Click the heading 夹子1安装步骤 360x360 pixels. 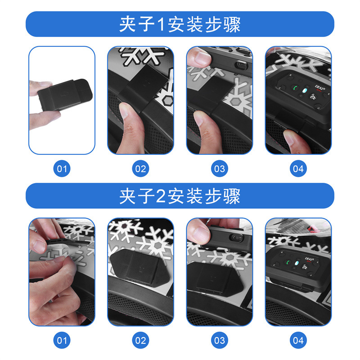(x=180, y=24)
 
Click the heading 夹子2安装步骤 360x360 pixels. (x=180, y=196)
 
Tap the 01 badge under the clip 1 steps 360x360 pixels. (x=62, y=169)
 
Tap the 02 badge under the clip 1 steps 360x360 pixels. (x=140, y=169)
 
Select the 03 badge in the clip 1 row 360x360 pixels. (x=219, y=169)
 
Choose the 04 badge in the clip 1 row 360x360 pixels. (x=298, y=169)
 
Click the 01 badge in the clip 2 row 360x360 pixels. (x=62, y=340)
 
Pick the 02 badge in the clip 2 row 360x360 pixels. (x=140, y=340)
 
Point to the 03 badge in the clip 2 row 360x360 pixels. (x=219, y=340)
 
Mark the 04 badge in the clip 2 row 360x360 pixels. (x=298, y=340)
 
